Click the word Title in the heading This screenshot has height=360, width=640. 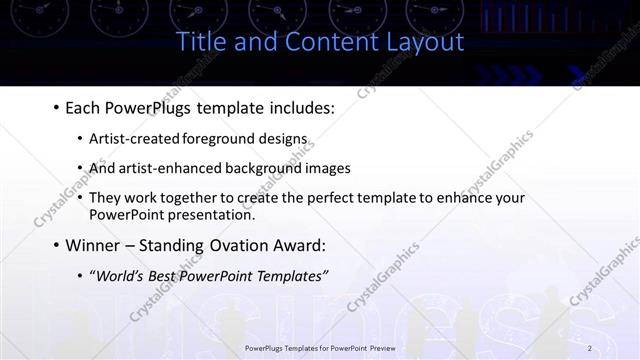200,42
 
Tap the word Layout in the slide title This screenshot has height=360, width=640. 425,42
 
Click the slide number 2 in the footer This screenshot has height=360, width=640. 590,347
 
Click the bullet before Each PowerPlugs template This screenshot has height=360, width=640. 55,106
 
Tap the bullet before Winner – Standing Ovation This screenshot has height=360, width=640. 55,245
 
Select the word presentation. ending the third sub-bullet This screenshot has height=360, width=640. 213,214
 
